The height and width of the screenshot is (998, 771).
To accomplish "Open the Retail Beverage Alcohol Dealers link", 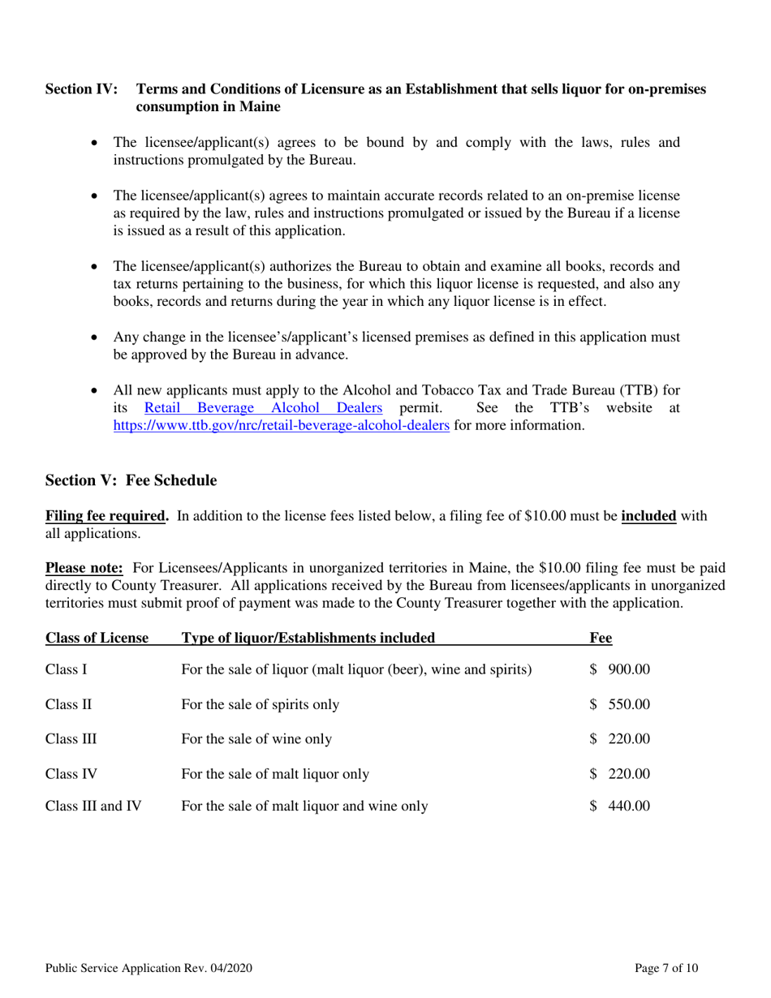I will point(263,409).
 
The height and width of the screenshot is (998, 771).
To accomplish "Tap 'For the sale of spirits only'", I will point(261,704).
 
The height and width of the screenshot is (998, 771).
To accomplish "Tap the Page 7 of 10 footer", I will point(666,968).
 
